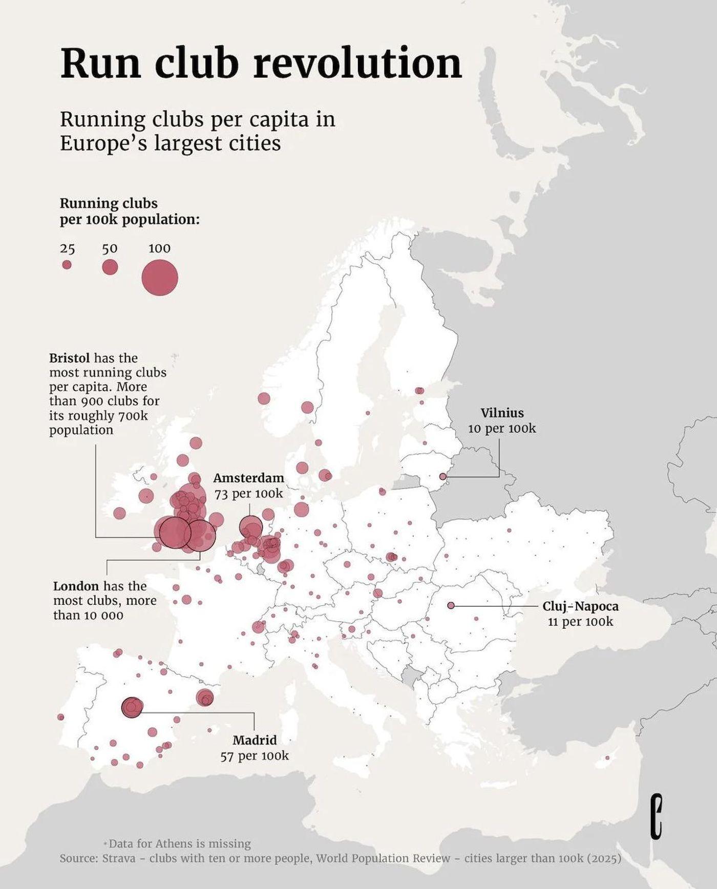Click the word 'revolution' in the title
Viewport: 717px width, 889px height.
pyautogui.click(x=357, y=63)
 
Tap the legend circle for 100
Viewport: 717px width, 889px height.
pyautogui.click(x=160, y=278)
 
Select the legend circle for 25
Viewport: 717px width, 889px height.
pyautogui.click(x=67, y=265)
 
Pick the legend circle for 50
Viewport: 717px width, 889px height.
pyautogui.click(x=110, y=267)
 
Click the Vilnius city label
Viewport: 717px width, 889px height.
pyautogui.click(x=502, y=413)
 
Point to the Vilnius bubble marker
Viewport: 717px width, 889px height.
pyautogui.click(x=443, y=476)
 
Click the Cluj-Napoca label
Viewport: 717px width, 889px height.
pyautogui.click(x=580, y=606)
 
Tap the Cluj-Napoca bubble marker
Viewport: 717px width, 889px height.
pyautogui.click(x=451, y=605)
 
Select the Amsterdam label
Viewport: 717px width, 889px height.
pyautogui.click(x=248, y=478)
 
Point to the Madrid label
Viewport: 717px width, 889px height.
pyautogui.click(x=255, y=740)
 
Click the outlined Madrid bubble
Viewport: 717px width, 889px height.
pyautogui.click(x=132, y=707)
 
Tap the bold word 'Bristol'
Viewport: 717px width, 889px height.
pyautogui.click(x=69, y=357)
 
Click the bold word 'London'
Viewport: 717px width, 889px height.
pyautogui.click(x=76, y=586)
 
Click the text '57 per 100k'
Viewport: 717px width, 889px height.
pyautogui.click(x=255, y=756)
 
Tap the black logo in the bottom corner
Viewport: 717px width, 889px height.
pyautogui.click(x=657, y=816)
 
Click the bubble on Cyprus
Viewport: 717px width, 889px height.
pyautogui.click(x=607, y=758)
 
